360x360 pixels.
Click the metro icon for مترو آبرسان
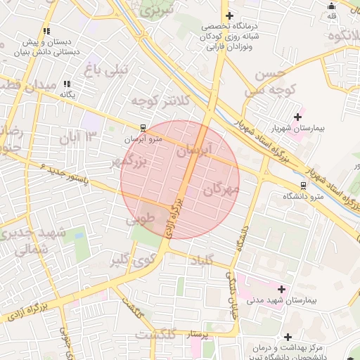tap(143, 128)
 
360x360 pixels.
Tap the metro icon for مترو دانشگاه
tap(303, 186)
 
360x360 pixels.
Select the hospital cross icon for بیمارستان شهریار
tap(297, 116)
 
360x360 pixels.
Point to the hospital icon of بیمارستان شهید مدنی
tap(282, 289)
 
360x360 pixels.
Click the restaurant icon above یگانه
tap(67, 84)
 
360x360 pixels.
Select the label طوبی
tap(139, 220)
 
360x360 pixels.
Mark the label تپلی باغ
tap(107, 68)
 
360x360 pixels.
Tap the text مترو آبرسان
tap(143, 139)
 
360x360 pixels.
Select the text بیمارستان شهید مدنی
tap(283, 300)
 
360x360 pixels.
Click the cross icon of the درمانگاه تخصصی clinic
tap(228, 15)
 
